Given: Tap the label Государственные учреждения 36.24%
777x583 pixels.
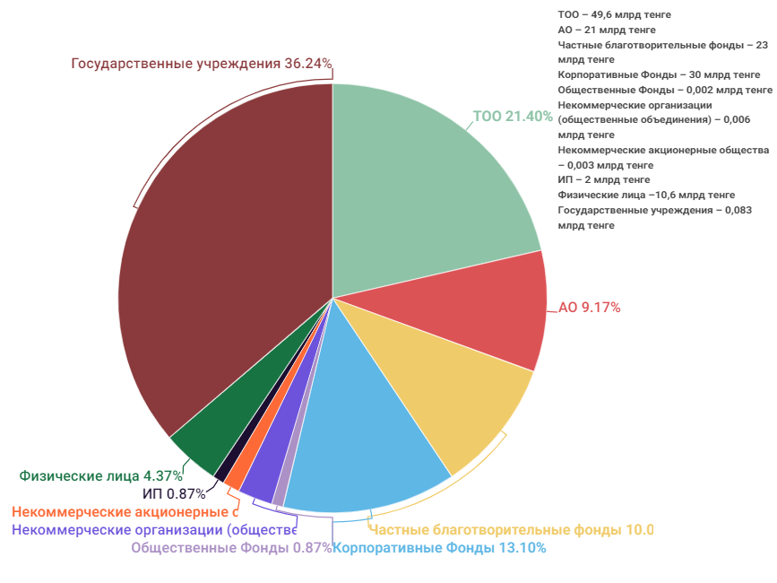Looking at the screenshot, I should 202,64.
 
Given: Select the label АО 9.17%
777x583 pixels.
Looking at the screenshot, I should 589,308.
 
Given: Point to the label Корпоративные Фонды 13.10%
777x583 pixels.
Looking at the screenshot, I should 439,548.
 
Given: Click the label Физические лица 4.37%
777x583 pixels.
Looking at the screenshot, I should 101,475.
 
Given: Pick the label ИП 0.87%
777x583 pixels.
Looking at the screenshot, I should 174,493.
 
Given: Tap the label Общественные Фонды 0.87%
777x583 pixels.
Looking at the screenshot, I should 231,548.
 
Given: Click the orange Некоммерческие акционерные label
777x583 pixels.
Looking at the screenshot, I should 125,512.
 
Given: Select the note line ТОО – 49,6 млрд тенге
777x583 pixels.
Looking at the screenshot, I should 614,14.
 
